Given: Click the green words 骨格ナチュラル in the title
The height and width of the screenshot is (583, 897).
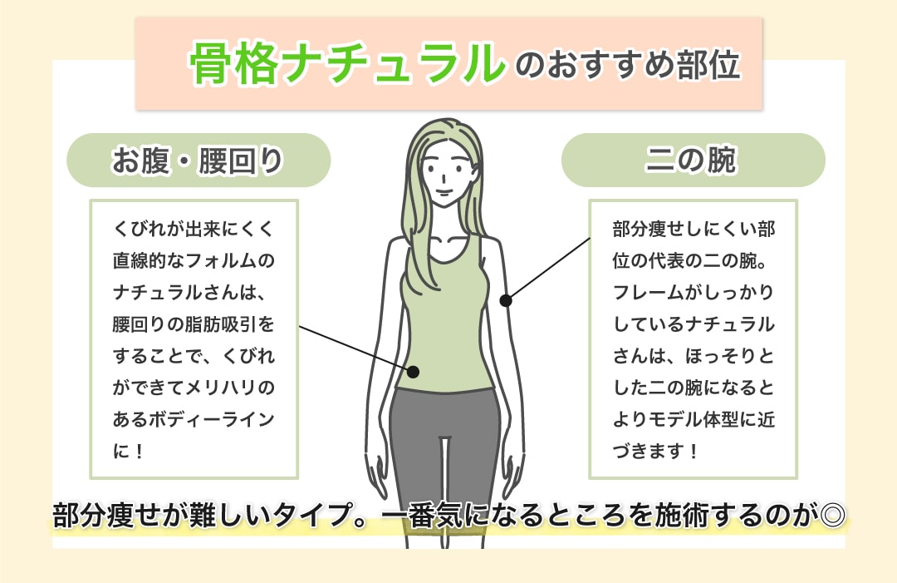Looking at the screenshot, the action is pos(347,63).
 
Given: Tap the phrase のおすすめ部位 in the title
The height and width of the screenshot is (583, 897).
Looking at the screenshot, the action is pos(628,64).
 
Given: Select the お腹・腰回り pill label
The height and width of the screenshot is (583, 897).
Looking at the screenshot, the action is pos(199,161).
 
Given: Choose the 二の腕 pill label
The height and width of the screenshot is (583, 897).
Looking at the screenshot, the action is pos(693,161).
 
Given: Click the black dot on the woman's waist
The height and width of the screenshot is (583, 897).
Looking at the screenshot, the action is pos(414,373).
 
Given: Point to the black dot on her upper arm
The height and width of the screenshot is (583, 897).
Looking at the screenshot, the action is pos(506,300).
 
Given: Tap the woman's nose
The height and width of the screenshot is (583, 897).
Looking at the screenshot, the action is pos(446,179).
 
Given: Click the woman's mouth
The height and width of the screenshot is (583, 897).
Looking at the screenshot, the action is pos(444,192).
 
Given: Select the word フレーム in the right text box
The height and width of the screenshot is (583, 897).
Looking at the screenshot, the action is pos(645,292).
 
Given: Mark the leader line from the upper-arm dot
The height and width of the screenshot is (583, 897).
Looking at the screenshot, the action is pos(547,269).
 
